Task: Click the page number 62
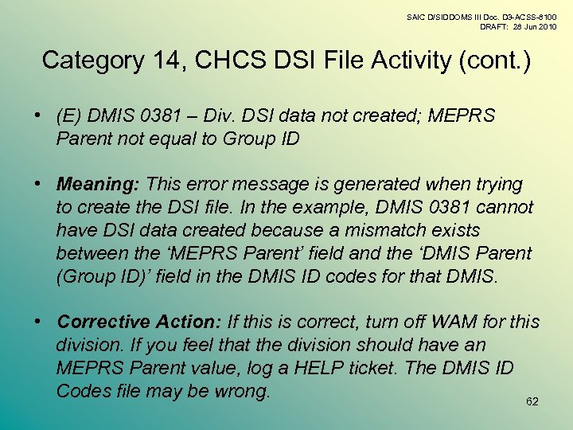click(x=532, y=401)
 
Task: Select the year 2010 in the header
click(x=546, y=26)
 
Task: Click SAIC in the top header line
click(x=416, y=16)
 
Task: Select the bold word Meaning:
click(x=98, y=185)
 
